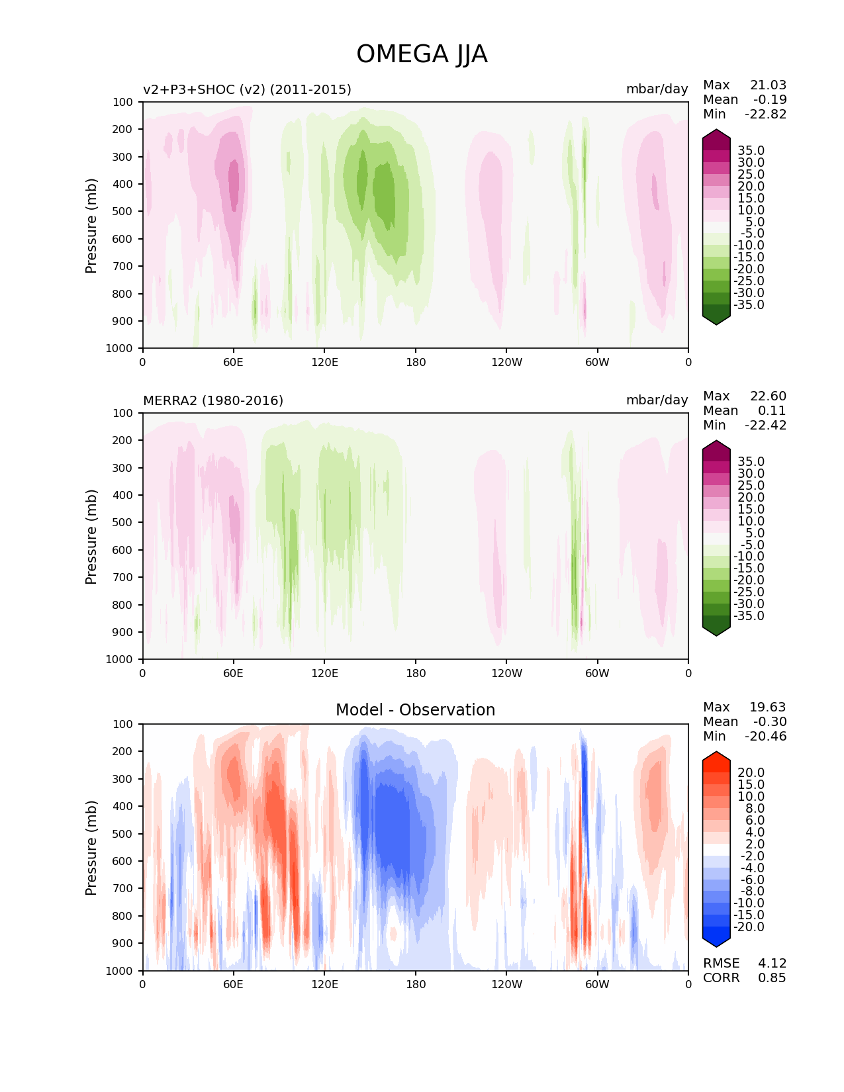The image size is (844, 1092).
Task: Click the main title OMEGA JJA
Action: click(422, 54)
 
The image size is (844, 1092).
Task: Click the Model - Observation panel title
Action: click(415, 710)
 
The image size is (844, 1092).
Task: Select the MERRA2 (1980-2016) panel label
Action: click(213, 400)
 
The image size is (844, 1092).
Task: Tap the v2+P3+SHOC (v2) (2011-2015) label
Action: click(247, 89)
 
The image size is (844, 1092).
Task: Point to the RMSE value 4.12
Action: click(772, 963)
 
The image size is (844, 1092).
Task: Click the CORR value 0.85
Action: click(772, 978)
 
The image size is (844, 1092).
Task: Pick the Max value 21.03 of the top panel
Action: click(768, 85)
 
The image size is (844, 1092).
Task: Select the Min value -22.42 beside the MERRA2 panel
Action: click(766, 425)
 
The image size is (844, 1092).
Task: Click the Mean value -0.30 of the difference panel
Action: click(770, 721)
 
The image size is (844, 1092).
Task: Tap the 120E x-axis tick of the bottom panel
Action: click(324, 984)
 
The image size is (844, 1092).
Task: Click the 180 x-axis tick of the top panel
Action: click(416, 362)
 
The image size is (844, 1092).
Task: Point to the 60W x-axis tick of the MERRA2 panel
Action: click(597, 673)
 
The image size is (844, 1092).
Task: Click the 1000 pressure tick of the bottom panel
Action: click(119, 971)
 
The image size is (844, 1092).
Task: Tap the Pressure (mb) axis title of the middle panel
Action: click(91, 537)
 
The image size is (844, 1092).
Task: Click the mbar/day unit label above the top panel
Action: click(657, 89)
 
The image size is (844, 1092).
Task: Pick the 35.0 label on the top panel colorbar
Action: click(751, 150)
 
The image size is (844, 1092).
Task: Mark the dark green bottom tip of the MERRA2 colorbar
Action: click(716, 631)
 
